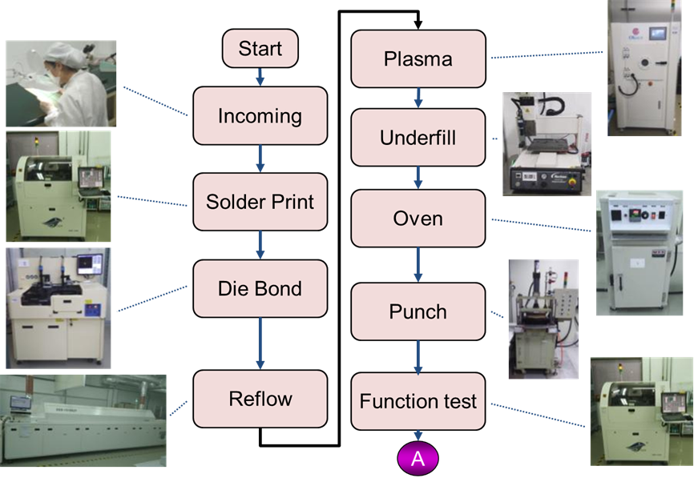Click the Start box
tap(260, 48)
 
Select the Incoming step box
tap(260, 116)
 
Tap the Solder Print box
tap(260, 202)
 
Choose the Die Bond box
tap(260, 288)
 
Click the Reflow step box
tap(260, 399)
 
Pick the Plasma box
tap(418, 58)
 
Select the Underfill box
tap(418, 138)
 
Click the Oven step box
tap(418, 218)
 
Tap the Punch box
tap(418, 311)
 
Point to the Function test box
tap(418, 400)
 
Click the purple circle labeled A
tap(418, 459)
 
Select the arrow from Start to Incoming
tap(260, 77)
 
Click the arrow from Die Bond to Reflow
tap(260, 343)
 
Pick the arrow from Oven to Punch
tap(418, 264)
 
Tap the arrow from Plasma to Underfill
tap(418, 98)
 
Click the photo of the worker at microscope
tap(61, 83)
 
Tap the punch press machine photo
tap(543, 319)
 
